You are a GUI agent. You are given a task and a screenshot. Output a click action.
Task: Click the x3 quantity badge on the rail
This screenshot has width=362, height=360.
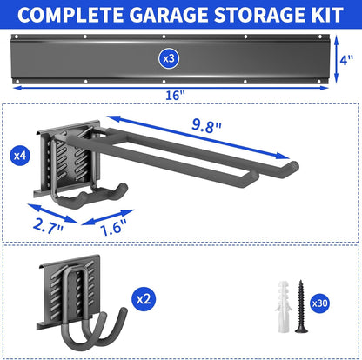coord(169,57)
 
